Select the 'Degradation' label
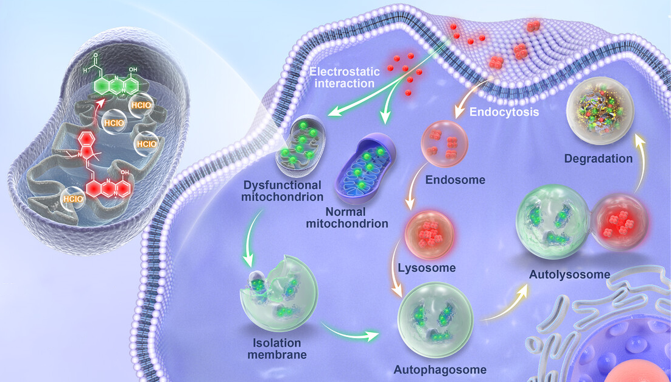(x=599, y=158)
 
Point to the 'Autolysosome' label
(x=569, y=274)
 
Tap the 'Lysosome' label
(x=426, y=268)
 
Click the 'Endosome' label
(x=455, y=180)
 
